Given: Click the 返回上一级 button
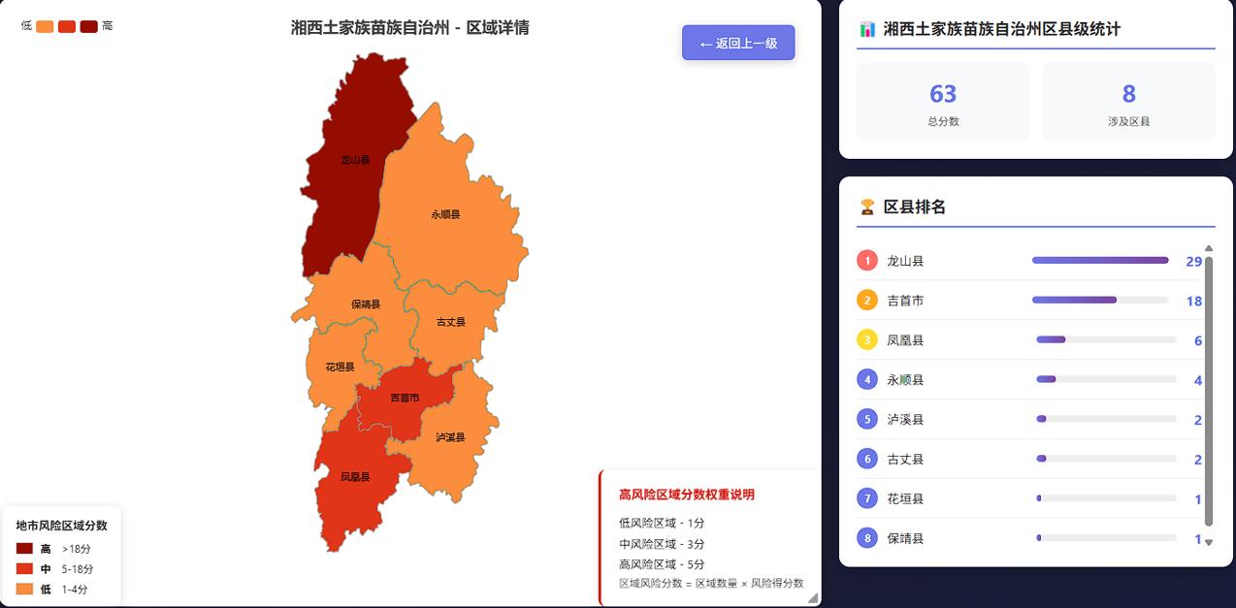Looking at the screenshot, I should click(738, 43).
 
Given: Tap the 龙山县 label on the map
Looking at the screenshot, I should click(355, 160).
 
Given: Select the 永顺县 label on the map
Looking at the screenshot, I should click(445, 214).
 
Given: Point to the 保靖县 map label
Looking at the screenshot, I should click(366, 304).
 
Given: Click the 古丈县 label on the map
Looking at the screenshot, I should click(451, 322).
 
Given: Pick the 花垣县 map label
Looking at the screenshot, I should click(340, 368).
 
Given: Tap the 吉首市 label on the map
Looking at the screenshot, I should click(405, 399).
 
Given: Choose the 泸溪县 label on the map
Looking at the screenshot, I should click(450, 437).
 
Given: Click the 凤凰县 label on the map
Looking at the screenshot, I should click(355, 477).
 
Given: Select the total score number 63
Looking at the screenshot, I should click(943, 94).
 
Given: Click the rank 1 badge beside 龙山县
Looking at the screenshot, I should click(867, 261).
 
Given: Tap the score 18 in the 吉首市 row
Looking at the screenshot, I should click(1193, 302).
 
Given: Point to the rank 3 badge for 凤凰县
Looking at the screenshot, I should click(867, 340).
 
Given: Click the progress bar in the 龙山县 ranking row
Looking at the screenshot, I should click(1100, 261).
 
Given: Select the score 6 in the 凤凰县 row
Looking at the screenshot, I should click(1198, 341).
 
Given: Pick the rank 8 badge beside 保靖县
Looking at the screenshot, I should click(867, 538).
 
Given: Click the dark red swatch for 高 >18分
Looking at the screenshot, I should click(25, 549).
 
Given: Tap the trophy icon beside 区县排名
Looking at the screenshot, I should click(867, 207).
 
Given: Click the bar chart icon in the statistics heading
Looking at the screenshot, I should click(867, 29).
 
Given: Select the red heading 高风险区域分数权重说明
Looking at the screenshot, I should click(687, 495).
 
